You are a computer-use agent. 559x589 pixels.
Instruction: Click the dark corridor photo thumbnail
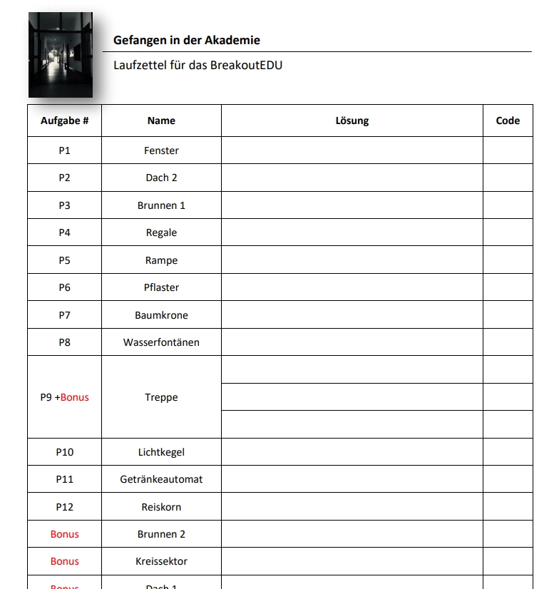pos(61,56)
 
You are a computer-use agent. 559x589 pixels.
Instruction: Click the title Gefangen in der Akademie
pos(186,41)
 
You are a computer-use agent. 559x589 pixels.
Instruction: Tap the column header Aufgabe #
pos(64,121)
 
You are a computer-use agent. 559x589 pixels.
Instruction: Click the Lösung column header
pos(352,121)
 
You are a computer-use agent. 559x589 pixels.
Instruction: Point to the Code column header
pos(508,121)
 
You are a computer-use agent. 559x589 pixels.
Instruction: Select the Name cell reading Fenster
pos(161,150)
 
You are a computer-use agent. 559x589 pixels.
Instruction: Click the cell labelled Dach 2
pos(161,178)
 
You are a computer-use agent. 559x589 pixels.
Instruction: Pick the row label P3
pos(64,205)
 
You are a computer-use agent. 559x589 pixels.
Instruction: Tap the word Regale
pos(161,232)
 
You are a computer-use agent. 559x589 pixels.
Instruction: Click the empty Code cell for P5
pos(508,260)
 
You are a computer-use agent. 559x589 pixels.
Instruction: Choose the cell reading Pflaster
pos(161,287)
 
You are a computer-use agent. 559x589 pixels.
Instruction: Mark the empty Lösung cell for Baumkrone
pos(352,315)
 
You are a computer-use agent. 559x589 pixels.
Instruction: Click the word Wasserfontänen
pos(161,342)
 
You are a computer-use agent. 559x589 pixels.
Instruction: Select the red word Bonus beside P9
pos(75,397)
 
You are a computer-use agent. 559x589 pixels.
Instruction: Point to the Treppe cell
pos(161,397)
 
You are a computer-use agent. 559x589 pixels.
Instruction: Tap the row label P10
pos(64,452)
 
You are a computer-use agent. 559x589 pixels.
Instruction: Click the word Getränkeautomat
pos(161,479)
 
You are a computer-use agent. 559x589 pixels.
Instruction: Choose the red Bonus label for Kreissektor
pos(64,561)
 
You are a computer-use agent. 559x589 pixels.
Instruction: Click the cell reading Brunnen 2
pos(161,534)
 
